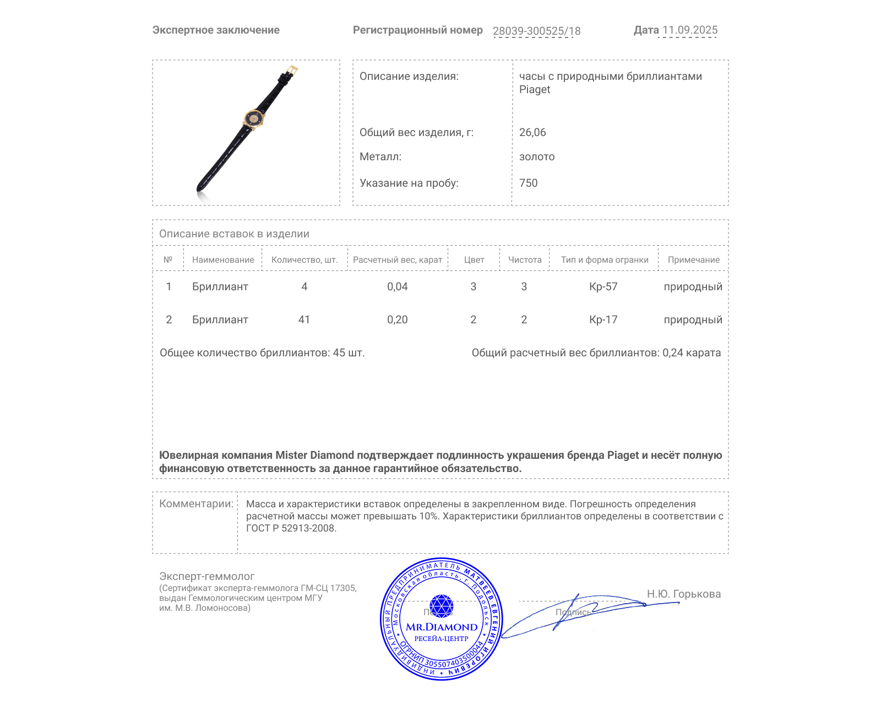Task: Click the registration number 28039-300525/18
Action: [536, 31]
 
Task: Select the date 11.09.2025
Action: [689, 30]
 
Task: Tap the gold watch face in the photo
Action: [254, 118]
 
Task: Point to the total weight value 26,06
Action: [532, 132]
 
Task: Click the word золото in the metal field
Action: [537, 156]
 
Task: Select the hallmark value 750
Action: [528, 183]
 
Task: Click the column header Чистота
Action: [525, 259]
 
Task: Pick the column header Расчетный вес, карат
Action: [398, 259]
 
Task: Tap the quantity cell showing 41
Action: [304, 319]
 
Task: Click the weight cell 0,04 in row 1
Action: [398, 286]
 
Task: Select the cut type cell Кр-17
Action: [603, 319]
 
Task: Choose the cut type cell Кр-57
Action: [603, 286]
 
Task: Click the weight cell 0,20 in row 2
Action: [398, 319]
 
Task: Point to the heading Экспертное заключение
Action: [216, 30]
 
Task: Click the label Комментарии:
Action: [196, 503]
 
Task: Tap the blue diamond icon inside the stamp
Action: [441, 606]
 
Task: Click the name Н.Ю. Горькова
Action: [684, 594]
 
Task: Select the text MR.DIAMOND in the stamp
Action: [442, 627]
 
